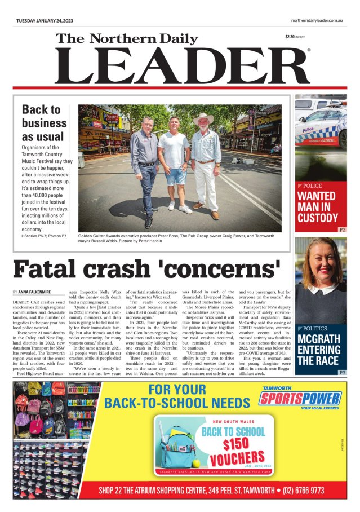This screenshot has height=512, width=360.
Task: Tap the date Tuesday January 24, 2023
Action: (x=45, y=21)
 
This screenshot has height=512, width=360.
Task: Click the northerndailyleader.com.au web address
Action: (x=313, y=21)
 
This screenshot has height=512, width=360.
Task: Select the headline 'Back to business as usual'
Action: (x=45, y=123)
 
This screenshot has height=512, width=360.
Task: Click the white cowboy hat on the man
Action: (x=203, y=119)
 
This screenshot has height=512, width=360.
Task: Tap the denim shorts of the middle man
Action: (x=175, y=176)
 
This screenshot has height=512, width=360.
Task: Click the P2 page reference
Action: (x=342, y=230)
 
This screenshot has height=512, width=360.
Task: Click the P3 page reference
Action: (x=342, y=373)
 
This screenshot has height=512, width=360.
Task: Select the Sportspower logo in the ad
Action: (x=300, y=399)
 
